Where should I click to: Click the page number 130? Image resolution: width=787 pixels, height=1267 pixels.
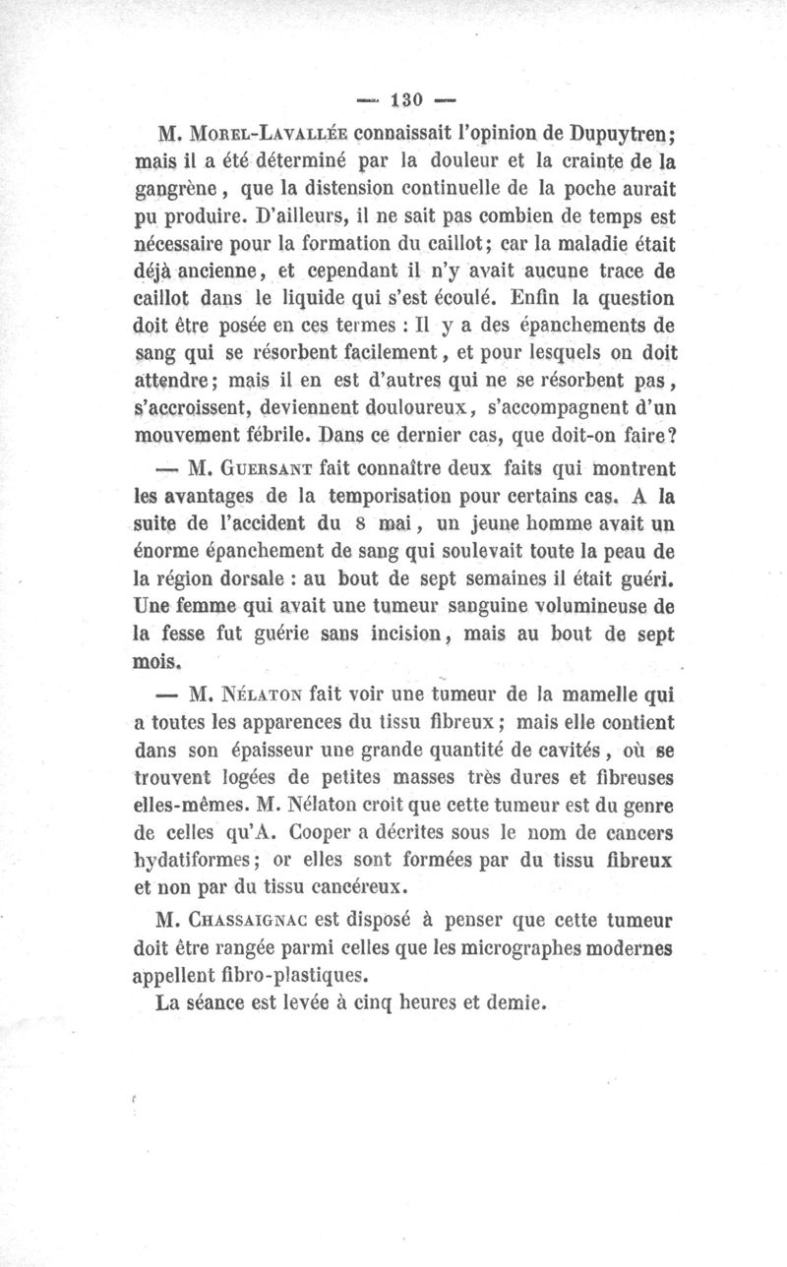click(x=405, y=99)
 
